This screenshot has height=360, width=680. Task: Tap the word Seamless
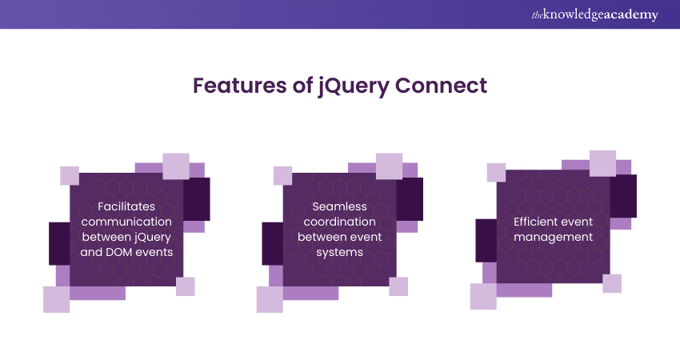(340, 206)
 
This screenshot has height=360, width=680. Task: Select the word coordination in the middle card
(340, 221)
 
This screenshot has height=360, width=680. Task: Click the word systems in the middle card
(340, 251)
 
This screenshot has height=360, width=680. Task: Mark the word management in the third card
(553, 237)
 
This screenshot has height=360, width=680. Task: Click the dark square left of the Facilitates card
(60, 243)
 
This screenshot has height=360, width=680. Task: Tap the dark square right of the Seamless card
(410, 198)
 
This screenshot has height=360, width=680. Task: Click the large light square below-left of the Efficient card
(483, 296)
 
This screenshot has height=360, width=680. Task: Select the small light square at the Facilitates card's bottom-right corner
(186, 286)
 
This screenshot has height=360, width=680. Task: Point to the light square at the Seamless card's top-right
(389, 166)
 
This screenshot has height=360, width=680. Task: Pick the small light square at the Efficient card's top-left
(496, 172)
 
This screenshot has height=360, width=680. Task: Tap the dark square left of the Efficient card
(486, 240)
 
